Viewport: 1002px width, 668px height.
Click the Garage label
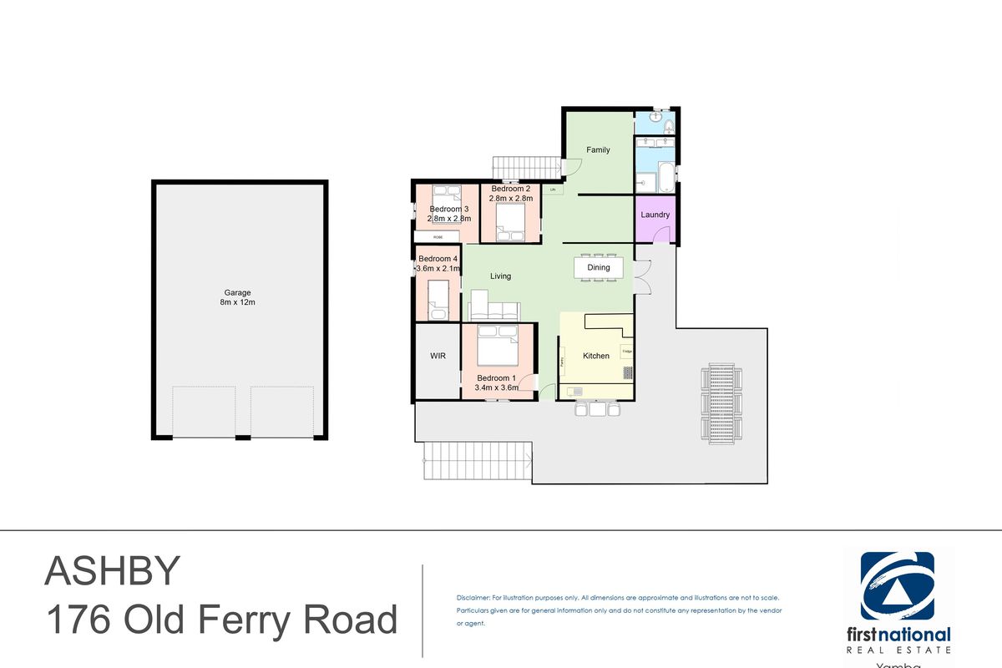(x=238, y=293)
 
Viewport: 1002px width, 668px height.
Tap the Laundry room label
(x=655, y=215)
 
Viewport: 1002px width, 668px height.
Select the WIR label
(x=438, y=356)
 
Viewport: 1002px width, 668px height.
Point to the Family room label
(x=598, y=150)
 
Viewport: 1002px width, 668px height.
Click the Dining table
(x=599, y=267)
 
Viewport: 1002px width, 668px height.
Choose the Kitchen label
(x=596, y=356)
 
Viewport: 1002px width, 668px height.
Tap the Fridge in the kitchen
(x=627, y=352)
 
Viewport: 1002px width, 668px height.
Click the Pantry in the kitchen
(x=563, y=362)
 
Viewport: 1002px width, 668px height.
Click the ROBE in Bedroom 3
(x=438, y=237)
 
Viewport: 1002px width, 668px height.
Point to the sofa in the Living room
(x=494, y=311)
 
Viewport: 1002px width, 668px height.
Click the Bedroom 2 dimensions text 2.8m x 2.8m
(x=511, y=199)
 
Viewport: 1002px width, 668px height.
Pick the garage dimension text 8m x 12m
(x=238, y=302)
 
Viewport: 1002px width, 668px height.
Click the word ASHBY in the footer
(x=112, y=572)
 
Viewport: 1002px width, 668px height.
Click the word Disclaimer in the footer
(x=473, y=599)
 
